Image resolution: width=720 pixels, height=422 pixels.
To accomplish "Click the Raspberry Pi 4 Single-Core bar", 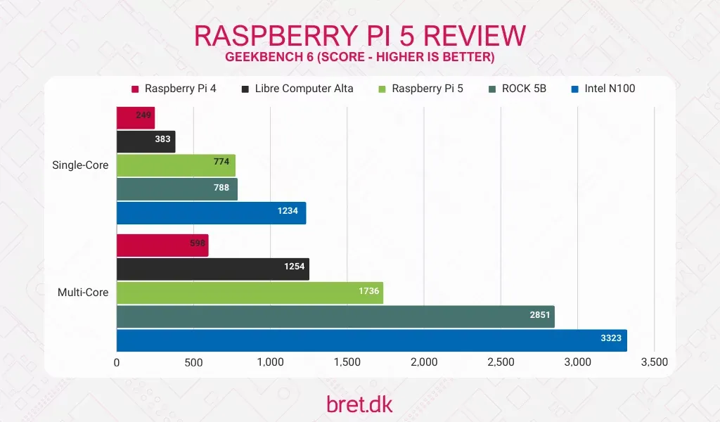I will [x=135, y=117].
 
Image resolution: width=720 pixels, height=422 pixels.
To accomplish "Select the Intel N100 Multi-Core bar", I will [x=371, y=340].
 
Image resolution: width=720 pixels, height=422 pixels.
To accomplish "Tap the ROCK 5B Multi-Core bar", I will [x=335, y=316].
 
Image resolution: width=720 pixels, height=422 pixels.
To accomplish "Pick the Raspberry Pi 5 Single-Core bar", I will [x=176, y=165].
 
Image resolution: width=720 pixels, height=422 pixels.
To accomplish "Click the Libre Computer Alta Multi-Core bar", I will [x=212, y=269].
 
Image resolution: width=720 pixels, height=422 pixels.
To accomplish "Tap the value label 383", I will [x=162, y=139].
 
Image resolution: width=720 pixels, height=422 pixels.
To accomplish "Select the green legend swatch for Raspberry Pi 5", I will [x=382, y=89].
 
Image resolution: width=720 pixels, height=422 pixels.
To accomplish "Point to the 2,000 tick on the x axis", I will [x=424, y=362].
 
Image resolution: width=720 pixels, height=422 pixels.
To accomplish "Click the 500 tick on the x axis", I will [x=193, y=362].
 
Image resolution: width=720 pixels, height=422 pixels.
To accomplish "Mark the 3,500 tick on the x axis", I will [x=654, y=362].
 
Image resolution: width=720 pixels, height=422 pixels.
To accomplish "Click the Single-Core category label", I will [x=80, y=165].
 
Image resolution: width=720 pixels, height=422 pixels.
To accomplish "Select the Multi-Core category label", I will [x=83, y=292].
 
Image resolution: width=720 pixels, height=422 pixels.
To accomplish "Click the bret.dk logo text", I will [x=359, y=404].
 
